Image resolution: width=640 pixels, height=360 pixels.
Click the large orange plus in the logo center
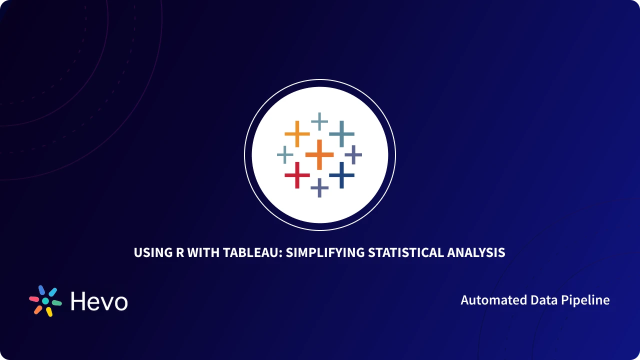pyautogui.click(x=319, y=154)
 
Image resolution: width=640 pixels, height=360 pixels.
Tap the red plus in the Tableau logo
pyautogui.click(x=297, y=175)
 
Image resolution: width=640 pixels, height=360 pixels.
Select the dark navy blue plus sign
pyautogui.click(x=341, y=175)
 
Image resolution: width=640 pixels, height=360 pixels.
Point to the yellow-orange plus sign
pyautogui.click(x=297, y=134)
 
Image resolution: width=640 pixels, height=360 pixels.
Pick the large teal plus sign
pyautogui.click(x=341, y=134)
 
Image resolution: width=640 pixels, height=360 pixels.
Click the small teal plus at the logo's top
pyautogui.click(x=319, y=121)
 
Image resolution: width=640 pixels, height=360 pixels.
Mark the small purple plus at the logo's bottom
pyautogui.click(x=319, y=188)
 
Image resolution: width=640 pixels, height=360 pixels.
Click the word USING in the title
pyautogui.click(x=151, y=252)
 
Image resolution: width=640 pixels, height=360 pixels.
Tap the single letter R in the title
pyautogui.click(x=179, y=252)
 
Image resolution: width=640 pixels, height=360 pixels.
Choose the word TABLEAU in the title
pyautogui.click(x=250, y=252)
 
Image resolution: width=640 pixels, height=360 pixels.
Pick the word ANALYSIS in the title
pyautogui.click(x=476, y=252)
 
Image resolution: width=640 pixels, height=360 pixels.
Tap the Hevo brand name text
pyautogui.click(x=99, y=301)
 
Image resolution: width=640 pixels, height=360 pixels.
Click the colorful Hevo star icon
pyautogui.click(x=45, y=301)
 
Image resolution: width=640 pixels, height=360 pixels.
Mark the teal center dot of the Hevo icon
pyautogui.click(x=45, y=301)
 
